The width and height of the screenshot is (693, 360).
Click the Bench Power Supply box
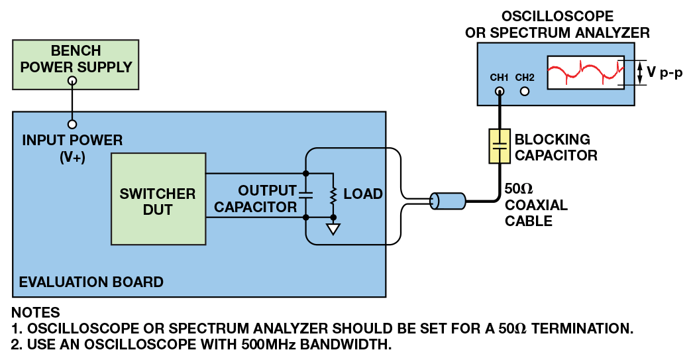[76, 64]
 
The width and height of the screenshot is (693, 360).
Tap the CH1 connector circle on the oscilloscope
[500, 91]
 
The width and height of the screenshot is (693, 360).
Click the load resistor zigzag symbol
[333, 195]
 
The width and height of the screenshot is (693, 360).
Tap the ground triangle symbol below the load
[333, 229]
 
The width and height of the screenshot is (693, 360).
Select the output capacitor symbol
[305, 195]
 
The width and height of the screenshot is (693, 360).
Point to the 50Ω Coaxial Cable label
[535, 205]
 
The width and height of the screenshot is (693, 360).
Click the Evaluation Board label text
[91, 282]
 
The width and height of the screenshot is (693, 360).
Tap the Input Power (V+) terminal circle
[72, 124]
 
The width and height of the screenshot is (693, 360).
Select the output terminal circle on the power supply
[72, 81]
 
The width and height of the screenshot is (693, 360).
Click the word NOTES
[36, 312]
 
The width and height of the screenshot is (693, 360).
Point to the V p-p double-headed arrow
[641, 73]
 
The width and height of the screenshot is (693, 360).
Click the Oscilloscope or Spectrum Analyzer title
[557, 24]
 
